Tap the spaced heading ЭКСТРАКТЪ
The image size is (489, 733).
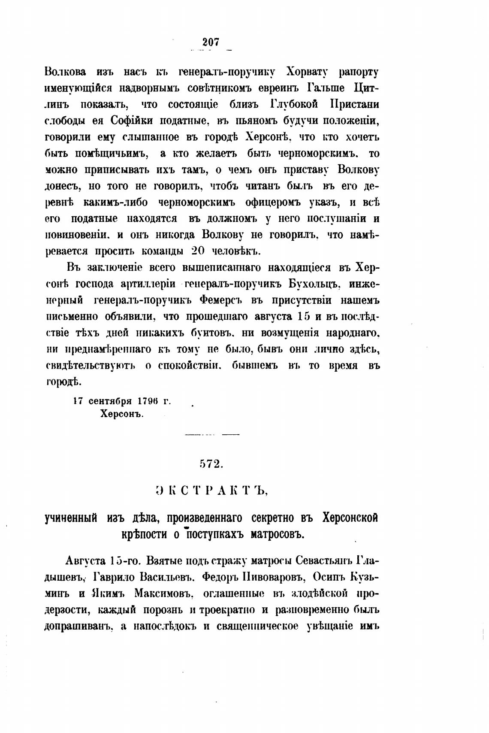[x=211, y=491]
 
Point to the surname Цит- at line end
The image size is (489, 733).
[x=366, y=88]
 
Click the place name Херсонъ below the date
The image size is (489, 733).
[x=121, y=415]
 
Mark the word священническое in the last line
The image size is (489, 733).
[x=257, y=627]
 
